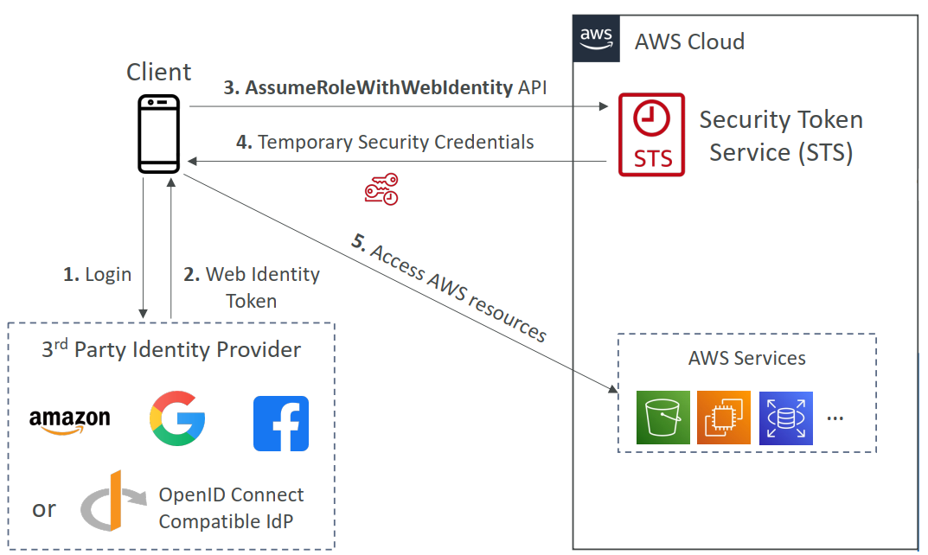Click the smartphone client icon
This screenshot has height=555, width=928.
tap(159, 134)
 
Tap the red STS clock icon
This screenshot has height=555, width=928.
tap(651, 135)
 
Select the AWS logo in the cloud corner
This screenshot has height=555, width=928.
tap(596, 37)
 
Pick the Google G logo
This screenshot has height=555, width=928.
tap(177, 418)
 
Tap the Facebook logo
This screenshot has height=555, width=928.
tap(281, 424)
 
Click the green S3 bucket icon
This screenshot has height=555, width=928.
tap(663, 418)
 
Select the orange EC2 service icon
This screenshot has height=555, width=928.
tap(723, 418)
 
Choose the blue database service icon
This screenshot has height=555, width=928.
tap(785, 418)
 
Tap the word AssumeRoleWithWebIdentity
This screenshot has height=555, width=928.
tap(379, 87)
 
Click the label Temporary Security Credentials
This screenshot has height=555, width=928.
tap(395, 142)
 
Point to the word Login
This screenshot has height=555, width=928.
tap(108, 275)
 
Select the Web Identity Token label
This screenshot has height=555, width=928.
tap(252, 288)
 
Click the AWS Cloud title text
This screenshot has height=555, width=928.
tap(689, 41)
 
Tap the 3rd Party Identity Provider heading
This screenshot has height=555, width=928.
tap(171, 350)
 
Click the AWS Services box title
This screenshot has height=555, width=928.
tap(747, 358)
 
